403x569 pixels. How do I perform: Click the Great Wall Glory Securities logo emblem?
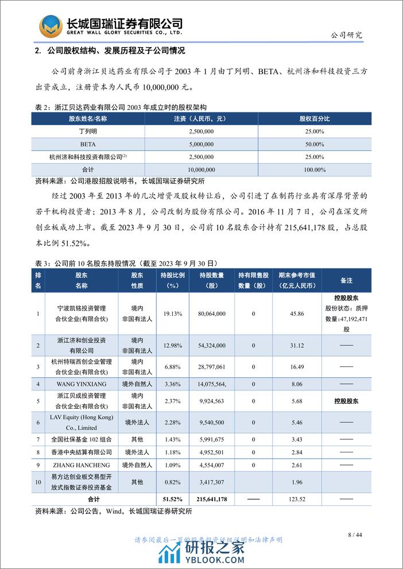(51, 26)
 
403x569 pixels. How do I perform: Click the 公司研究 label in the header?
(347, 34)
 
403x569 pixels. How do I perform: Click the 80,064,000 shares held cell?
(212, 313)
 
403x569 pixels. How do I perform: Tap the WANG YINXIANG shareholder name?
(82, 383)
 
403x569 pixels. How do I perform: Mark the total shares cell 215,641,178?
(212, 500)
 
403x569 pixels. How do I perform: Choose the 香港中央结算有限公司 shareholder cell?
(82, 451)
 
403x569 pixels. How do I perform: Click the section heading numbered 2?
(109, 51)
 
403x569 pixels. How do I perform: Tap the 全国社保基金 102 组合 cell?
(82, 439)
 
